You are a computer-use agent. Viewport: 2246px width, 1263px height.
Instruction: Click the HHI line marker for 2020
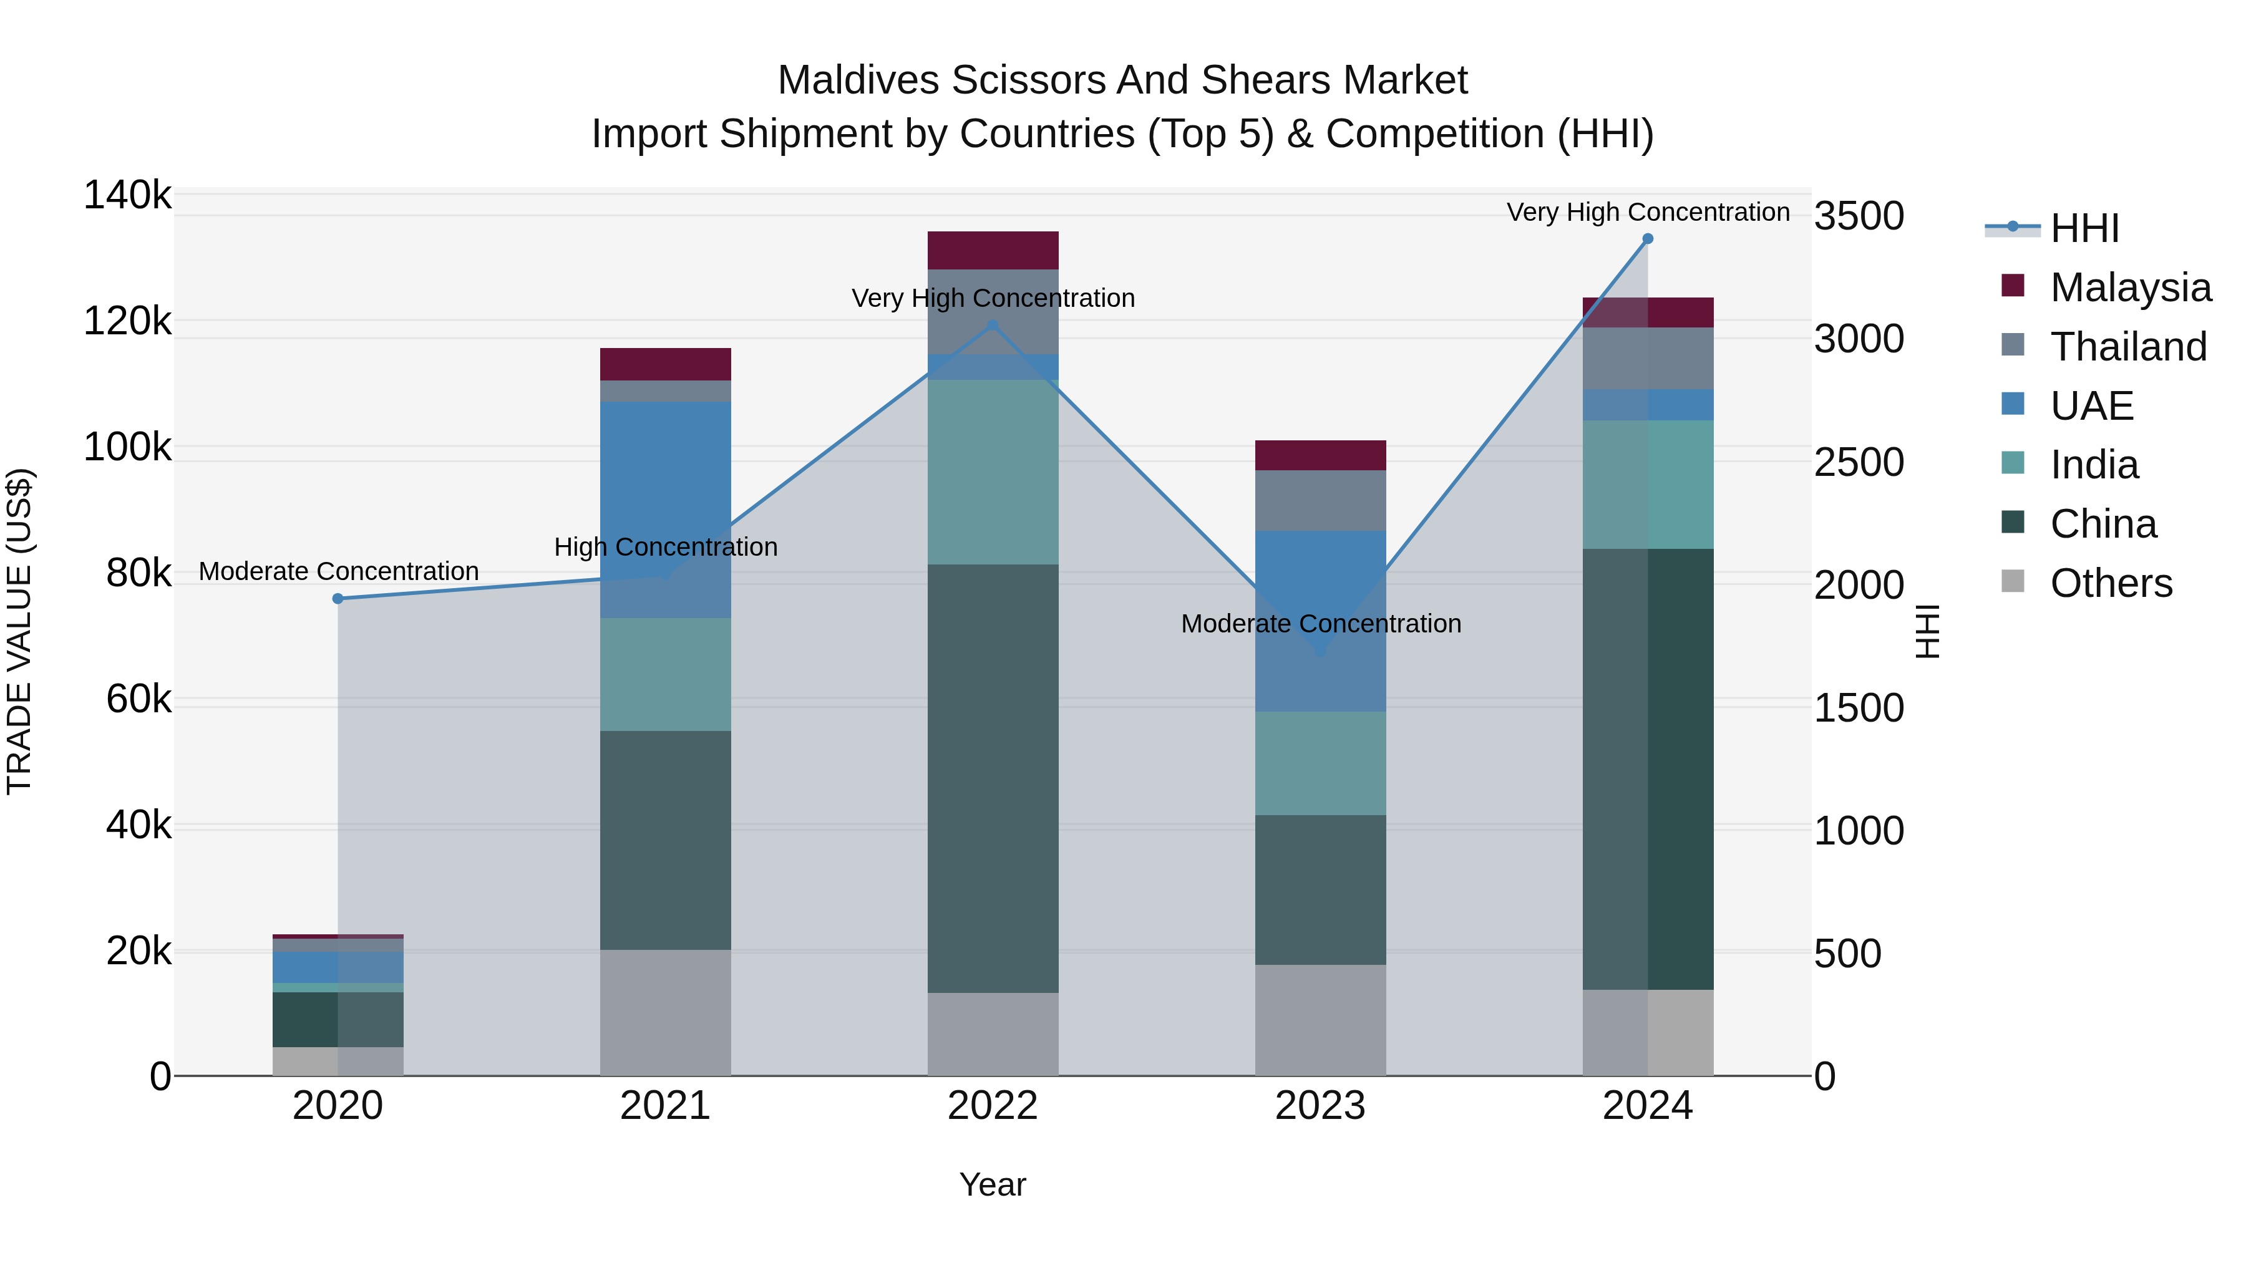pyautogui.click(x=338, y=599)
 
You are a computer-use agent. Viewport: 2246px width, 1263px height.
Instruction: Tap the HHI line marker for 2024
pyautogui.click(x=1647, y=239)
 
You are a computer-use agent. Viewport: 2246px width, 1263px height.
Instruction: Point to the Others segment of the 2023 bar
pyautogui.click(x=1320, y=1019)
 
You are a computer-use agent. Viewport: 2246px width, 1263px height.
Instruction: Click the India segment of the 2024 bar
pyautogui.click(x=1647, y=484)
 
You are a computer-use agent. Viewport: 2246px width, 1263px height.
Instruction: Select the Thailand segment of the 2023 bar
pyautogui.click(x=1320, y=500)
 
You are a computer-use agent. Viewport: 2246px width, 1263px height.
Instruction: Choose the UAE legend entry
pyautogui.click(x=2091, y=406)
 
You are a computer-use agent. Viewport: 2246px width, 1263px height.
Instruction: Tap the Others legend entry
pyautogui.click(x=2110, y=583)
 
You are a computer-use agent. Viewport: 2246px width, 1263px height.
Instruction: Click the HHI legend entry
pyautogui.click(x=2084, y=228)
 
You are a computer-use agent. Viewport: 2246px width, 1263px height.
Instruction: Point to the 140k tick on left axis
pyautogui.click(x=127, y=195)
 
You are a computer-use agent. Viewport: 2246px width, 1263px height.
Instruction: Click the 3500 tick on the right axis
pyautogui.click(x=1859, y=216)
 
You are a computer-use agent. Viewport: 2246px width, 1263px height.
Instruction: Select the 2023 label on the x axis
pyautogui.click(x=1320, y=1106)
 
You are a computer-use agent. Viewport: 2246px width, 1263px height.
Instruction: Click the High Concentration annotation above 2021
pyautogui.click(x=665, y=548)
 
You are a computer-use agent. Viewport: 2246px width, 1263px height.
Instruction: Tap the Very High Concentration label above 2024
pyautogui.click(x=1647, y=212)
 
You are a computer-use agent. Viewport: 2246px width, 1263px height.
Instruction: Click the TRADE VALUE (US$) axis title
pyautogui.click(x=19, y=631)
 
